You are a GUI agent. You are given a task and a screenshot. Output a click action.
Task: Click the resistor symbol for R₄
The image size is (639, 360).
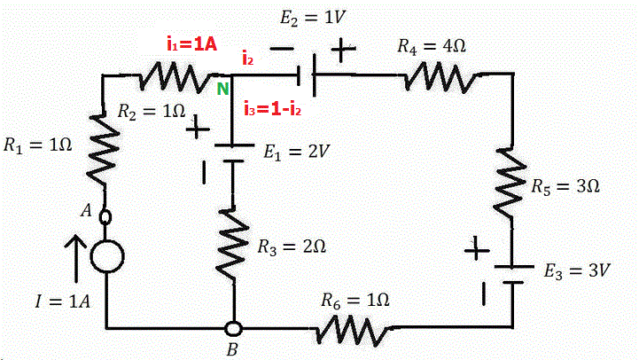[x=436, y=77]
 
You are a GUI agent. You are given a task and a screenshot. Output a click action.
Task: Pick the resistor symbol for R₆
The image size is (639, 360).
[x=355, y=329]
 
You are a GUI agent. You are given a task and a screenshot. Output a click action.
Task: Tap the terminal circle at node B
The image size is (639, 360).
[x=232, y=329]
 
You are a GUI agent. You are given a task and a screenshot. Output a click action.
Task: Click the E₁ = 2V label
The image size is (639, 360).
[x=297, y=152]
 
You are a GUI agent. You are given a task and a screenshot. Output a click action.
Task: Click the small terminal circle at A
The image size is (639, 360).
[x=106, y=215]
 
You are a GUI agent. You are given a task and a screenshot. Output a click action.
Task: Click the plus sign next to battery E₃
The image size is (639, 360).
[x=477, y=251]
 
